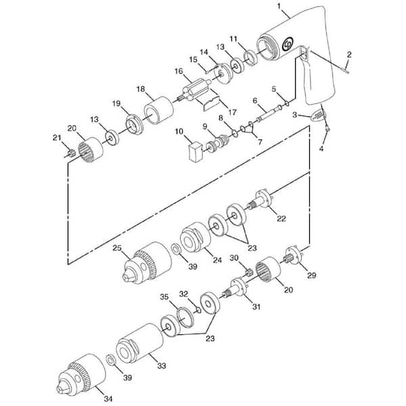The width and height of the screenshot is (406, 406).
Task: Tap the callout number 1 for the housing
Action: (279, 6)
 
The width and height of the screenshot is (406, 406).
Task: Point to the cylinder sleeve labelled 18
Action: (158, 110)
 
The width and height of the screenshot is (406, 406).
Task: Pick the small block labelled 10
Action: (194, 152)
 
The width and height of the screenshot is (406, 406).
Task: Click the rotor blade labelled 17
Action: (210, 104)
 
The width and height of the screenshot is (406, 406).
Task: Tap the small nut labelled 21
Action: (71, 153)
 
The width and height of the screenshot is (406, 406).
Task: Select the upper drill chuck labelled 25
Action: (147, 263)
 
